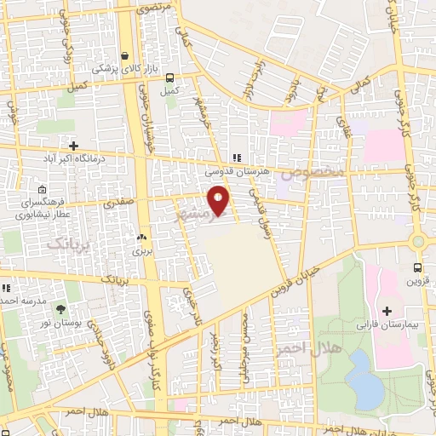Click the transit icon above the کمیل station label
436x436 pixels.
pos(170,75)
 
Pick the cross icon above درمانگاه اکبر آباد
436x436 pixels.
pos(74,146)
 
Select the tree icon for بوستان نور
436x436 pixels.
pos(60,309)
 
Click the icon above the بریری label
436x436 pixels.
pos(141,238)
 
